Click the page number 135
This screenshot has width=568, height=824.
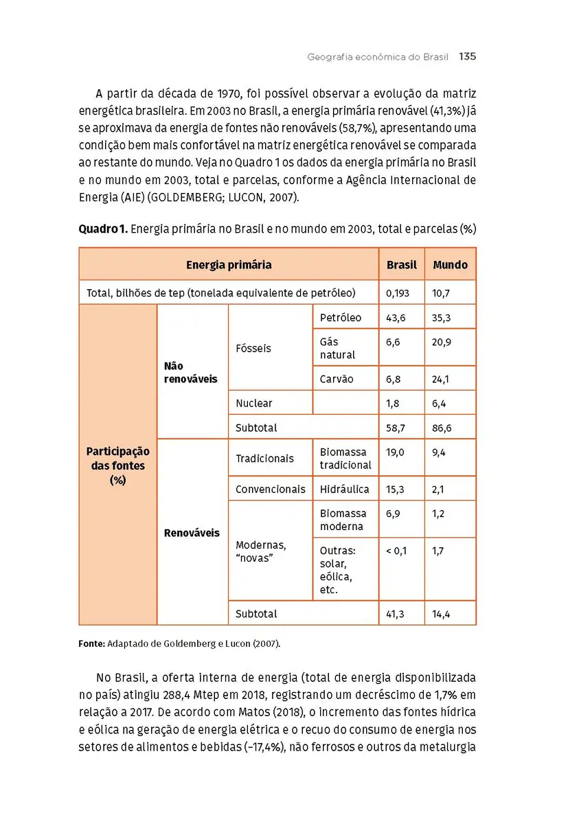pos(467,57)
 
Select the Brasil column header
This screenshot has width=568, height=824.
pos(401,265)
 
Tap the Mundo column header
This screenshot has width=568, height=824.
pos(450,265)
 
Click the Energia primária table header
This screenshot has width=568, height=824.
pos(229,265)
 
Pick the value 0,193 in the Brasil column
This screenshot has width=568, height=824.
pos(398,293)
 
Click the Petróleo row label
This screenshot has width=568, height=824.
pos(340,318)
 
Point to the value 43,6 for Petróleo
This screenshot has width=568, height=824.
pos(396,318)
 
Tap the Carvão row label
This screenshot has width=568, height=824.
pos(337,379)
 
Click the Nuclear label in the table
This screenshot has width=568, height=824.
pos(253,403)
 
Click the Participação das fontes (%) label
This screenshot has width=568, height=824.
pos(117,466)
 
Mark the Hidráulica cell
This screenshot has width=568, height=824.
pos(344,490)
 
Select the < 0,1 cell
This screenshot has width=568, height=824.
pos(396,551)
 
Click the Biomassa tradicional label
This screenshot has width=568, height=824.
pos(345,459)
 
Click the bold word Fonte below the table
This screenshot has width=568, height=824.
pos(91,645)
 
